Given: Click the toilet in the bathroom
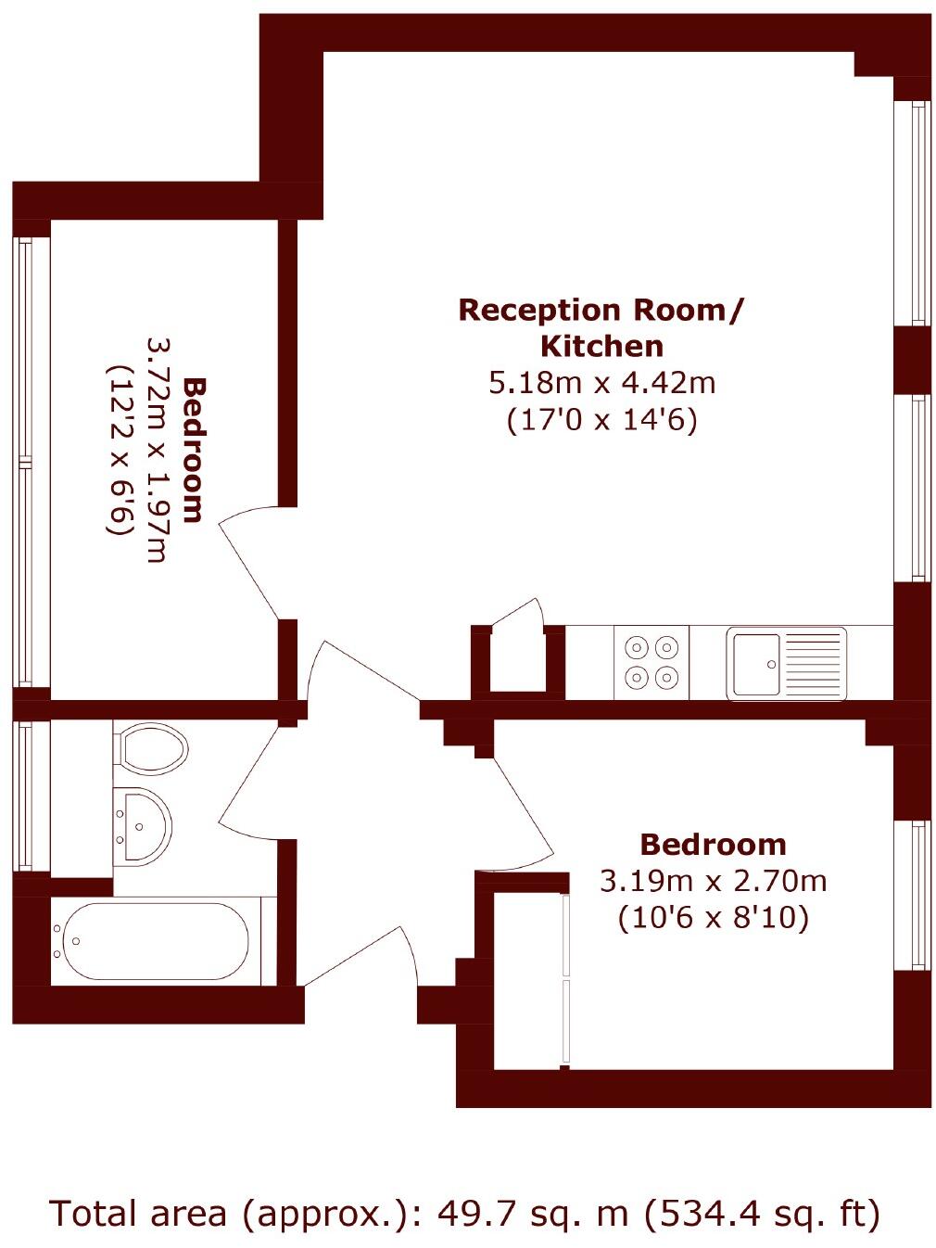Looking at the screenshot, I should point(149,748).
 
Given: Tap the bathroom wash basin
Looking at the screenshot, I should point(141,823).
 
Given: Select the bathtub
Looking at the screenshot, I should point(151,941).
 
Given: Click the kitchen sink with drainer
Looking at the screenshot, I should point(786,662).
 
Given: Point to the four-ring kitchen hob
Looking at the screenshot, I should point(651,662).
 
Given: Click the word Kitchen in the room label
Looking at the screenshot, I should point(601,346).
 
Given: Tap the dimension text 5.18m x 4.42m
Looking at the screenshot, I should point(601,382).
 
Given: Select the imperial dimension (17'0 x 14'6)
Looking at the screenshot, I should point(601,420).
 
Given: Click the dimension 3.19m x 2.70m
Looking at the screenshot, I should point(713,880).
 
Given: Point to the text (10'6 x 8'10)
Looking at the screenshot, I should point(713,918).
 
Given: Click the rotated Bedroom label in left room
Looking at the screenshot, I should point(193,450).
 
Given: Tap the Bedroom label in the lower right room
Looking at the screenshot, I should point(713,844).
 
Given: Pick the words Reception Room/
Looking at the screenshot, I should point(601,309).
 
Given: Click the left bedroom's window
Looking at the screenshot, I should point(25,461).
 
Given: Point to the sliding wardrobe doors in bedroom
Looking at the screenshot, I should point(565,978).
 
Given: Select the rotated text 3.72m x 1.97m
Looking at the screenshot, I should point(156,450).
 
